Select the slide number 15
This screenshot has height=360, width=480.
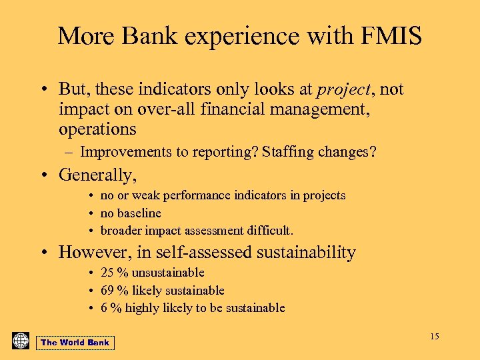[x=434, y=336]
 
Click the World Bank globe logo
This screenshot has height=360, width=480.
[x=21, y=341]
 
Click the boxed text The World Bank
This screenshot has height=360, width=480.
[x=75, y=343]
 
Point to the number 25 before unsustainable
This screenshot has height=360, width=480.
[x=107, y=273]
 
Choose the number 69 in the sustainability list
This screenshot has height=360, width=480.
[x=107, y=291]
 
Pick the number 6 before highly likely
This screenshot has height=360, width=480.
[x=104, y=308]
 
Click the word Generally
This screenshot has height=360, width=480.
[x=97, y=175]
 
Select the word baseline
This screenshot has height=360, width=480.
[x=139, y=213]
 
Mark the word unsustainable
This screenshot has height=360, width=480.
[x=168, y=273]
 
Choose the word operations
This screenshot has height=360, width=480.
[x=97, y=129]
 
